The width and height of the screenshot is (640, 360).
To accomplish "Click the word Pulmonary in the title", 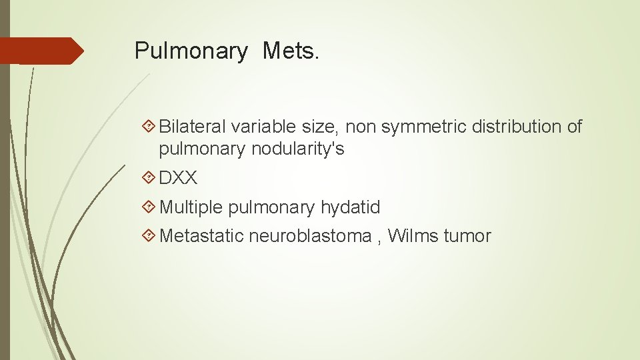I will [190, 51].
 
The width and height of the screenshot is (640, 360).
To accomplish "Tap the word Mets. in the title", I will [291, 50].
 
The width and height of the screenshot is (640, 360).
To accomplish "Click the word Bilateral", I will [193, 126].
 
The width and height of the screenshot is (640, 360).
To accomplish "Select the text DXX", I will [178, 178].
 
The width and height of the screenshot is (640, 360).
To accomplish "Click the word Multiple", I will [191, 207].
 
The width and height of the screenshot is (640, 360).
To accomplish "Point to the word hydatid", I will [350, 207].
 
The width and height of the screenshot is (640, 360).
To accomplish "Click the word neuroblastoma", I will [310, 236].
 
